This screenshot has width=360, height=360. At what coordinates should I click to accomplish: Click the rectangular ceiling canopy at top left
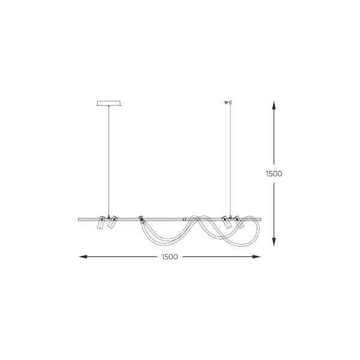pyautogui.click(x=109, y=103)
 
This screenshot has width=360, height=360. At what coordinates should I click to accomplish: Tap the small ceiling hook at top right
pyautogui.click(x=228, y=102)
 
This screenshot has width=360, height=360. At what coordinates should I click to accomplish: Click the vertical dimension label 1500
pyautogui.click(x=274, y=174)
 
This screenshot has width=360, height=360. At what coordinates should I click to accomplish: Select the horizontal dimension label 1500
pyautogui.click(x=170, y=257)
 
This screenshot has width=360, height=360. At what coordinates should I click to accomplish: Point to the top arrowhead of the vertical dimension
pyautogui.click(x=274, y=105)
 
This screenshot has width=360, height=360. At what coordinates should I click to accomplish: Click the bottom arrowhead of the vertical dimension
pyautogui.click(x=274, y=242)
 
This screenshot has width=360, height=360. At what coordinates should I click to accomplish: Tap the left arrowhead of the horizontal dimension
pyautogui.click(x=83, y=257)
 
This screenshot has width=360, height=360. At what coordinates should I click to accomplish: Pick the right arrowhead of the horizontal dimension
pyautogui.click(x=256, y=257)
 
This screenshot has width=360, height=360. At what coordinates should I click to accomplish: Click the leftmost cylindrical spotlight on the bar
pyautogui.click(x=101, y=222)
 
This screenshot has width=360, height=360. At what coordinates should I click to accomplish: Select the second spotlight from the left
pyautogui.click(x=113, y=222)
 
